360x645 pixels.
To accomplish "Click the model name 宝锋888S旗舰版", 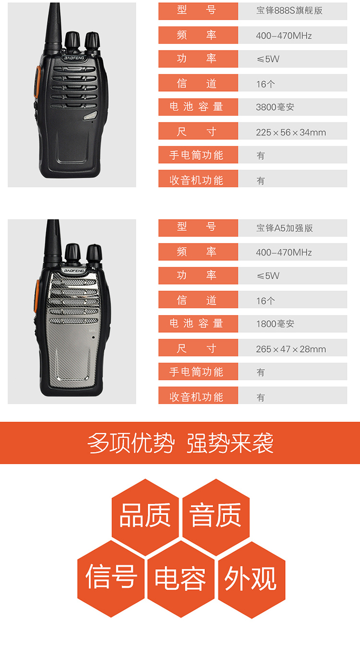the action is click(x=289, y=11).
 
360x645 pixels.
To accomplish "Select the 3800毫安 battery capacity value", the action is click(x=275, y=107).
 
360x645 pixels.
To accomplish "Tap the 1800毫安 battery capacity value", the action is click(x=275, y=324).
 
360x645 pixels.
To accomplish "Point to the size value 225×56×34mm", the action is click(x=291, y=133).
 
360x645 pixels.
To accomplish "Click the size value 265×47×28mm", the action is click(x=291, y=349).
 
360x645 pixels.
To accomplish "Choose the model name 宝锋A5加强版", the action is click(x=284, y=228).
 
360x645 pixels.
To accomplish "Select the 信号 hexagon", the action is click(x=111, y=579).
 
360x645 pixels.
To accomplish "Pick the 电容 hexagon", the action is click(x=181, y=579).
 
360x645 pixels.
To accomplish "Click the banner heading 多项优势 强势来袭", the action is click(x=180, y=443).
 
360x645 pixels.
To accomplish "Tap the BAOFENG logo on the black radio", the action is click(x=74, y=58).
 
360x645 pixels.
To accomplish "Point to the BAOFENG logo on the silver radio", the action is click(x=74, y=271).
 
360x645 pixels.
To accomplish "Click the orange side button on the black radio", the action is click(x=36, y=82).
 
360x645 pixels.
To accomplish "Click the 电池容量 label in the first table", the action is click(x=196, y=107).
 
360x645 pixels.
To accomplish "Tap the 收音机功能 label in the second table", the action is click(x=196, y=397).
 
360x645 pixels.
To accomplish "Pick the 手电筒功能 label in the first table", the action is click(x=196, y=155).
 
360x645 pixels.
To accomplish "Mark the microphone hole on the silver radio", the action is click(x=94, y=337).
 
